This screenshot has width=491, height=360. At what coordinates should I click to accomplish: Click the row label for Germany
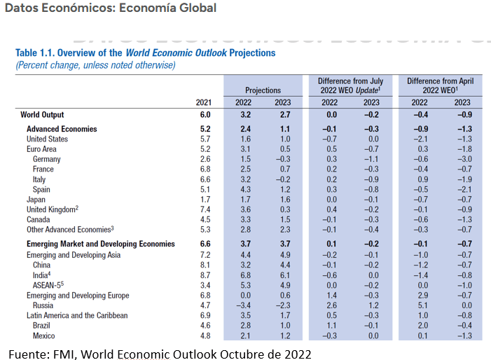[46, 159]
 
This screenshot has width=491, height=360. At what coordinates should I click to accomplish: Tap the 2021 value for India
[205, 275]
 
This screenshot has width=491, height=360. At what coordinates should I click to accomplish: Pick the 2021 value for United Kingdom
[205, 209]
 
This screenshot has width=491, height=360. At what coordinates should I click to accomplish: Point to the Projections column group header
[263, 90]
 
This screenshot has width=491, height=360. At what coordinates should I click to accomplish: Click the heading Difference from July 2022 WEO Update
[349, 85]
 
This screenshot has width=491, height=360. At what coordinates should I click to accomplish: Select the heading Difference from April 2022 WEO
[440, 85]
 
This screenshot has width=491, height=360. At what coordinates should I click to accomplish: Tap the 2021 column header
[204, 102]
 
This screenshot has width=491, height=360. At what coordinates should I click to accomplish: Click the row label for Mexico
[45, 335]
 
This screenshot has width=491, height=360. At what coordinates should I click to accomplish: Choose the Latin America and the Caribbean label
[77, 315]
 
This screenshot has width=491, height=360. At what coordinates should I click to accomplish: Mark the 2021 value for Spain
[205, 189]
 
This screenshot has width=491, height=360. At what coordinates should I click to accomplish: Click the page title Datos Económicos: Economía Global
[111, 8]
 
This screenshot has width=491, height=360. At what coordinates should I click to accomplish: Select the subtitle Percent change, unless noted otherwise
[95, 65]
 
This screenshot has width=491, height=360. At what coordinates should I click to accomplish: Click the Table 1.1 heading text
[145, 53]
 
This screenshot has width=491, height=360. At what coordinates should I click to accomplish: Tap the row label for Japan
[37, 200]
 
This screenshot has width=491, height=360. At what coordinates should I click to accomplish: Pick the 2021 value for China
[205, 265]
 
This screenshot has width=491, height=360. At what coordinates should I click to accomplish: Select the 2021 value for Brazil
[205, 326]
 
